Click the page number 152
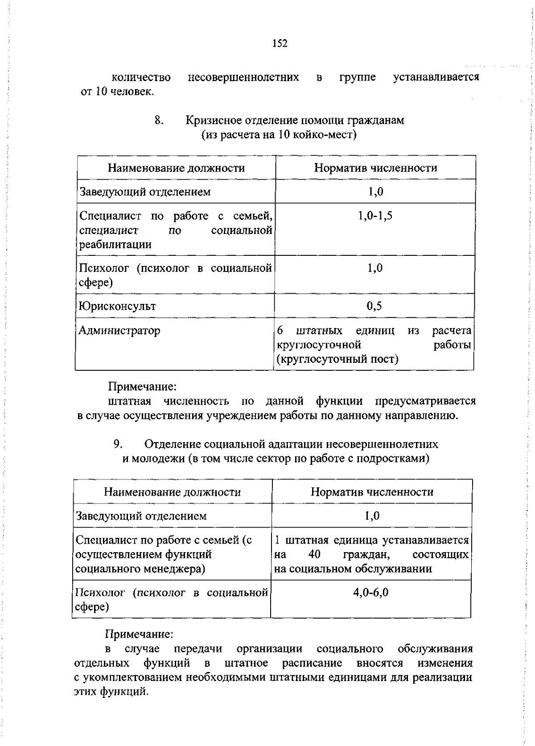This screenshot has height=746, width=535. [x=279, y=44]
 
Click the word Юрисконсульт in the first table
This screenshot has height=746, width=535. [x=117, y=306]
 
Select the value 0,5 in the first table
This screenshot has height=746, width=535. [x=374, y=306]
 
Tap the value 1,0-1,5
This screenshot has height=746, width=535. [x=375, y=216]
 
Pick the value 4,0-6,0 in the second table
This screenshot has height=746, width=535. [x=370, y=592]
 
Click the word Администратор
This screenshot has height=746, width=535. [x=119, y=331]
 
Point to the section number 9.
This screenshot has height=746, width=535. [x=118, y=444]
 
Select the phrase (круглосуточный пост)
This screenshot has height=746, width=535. [x=337, y=359]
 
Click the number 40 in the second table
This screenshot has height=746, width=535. [x=314, y=555]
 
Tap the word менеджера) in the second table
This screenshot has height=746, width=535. [x=177, y=569]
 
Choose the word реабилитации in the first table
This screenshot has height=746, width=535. [x=115, y=245]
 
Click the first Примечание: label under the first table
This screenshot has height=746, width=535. [x=143, y=386]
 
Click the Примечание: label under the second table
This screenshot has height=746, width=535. [x=139, y=634]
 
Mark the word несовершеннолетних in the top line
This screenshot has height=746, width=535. [x=243, y=78]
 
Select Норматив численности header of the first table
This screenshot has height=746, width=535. [x=375, y=168]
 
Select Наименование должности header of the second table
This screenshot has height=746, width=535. [x=172, y=492]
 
